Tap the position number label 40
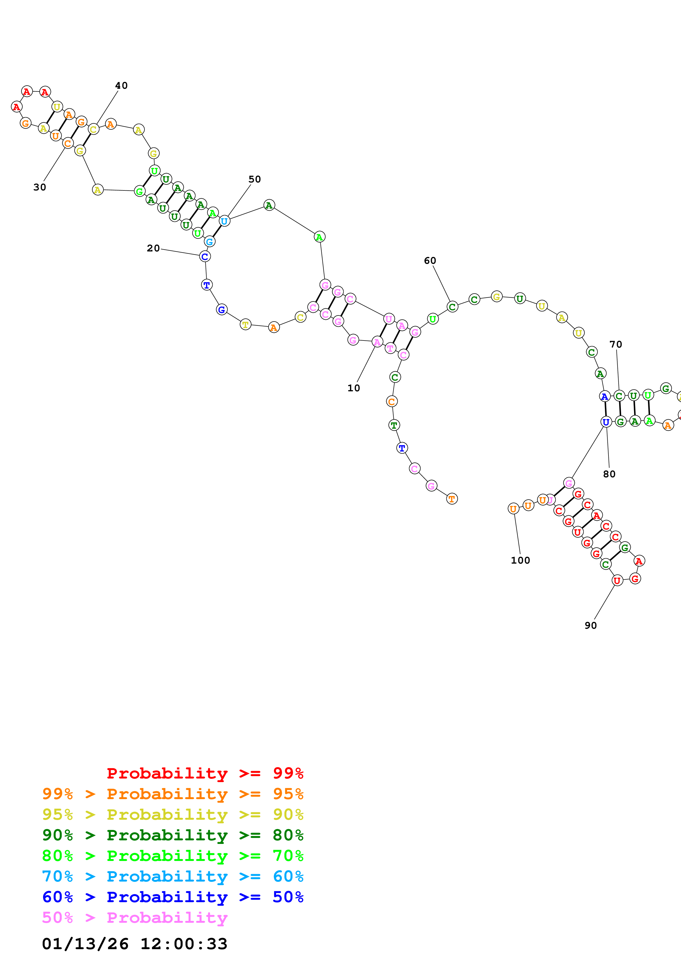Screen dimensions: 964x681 point(121,86)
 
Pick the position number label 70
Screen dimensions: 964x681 point(616,344)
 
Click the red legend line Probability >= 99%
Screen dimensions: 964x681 point(205,773)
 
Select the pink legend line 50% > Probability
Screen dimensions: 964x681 point(135,917)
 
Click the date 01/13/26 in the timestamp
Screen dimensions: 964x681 point(85,944)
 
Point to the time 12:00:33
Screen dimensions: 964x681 point(183,944)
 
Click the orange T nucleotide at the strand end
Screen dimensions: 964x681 point(452,499)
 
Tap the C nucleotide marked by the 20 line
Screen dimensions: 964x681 point(205,257)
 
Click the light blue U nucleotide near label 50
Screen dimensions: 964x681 point(224,221)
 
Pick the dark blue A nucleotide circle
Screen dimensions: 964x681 point(604,396)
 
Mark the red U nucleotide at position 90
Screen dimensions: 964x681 point(617,581)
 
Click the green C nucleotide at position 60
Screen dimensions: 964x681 point(452,307)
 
